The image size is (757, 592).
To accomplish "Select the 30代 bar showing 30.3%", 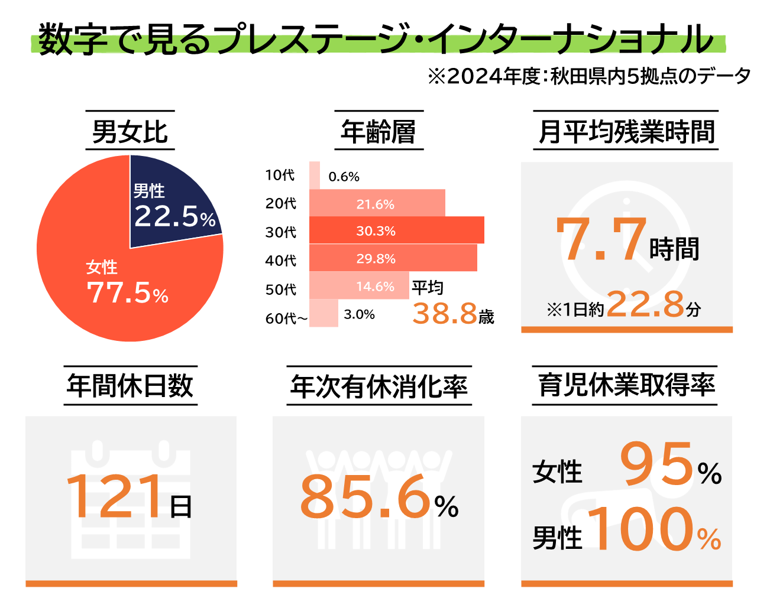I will tap(396, 230).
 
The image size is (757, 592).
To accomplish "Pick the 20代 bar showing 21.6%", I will tap(377, 203).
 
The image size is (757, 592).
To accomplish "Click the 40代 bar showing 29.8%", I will tap(393, 258).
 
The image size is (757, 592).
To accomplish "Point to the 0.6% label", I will tap(344, 177).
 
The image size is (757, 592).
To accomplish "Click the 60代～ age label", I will tap(286, 318).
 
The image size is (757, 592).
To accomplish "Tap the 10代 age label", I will tap(280, 175).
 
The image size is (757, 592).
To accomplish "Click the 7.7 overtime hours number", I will tap(601, 239).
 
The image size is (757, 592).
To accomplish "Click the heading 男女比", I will tap(130, 131).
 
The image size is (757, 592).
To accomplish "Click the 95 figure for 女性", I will tap(656, 464).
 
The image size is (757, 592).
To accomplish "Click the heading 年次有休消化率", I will tap(378, 386).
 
